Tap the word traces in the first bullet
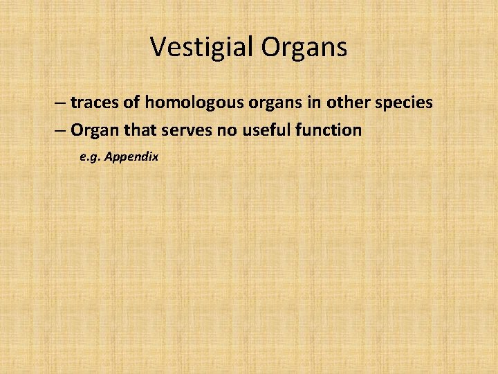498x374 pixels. click(93, 103)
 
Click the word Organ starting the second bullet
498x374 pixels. click(93, 131)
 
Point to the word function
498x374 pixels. click(331, 130)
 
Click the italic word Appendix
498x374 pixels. click(131, 158)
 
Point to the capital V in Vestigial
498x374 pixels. click(158, 47)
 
